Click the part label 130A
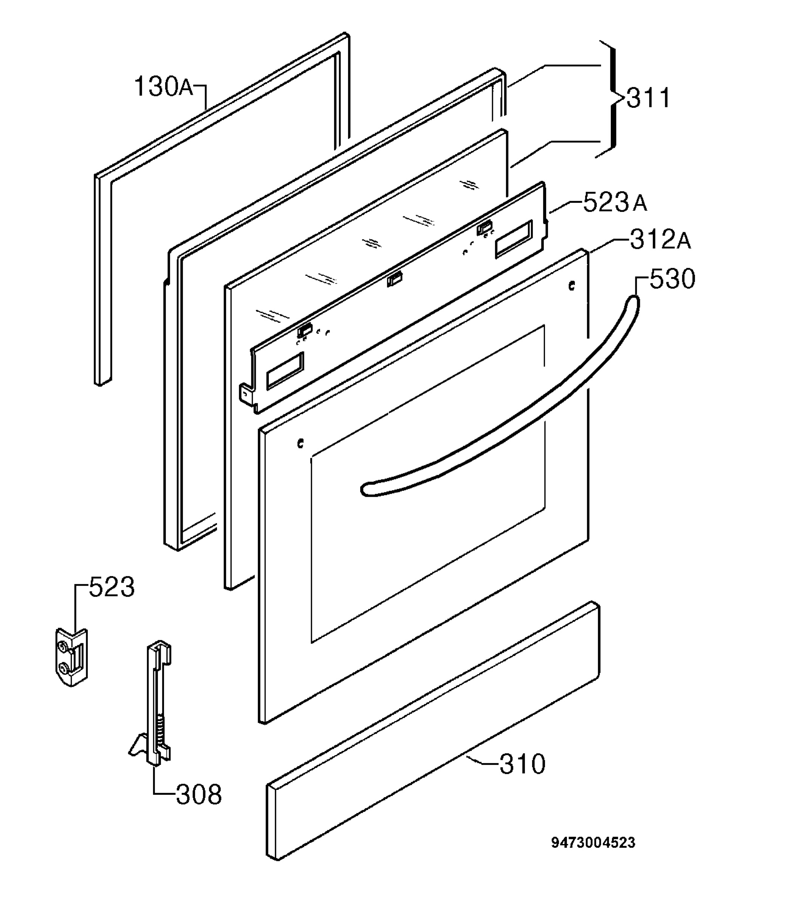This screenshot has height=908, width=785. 163,86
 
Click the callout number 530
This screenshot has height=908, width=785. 672,279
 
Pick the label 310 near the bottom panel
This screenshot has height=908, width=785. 523,764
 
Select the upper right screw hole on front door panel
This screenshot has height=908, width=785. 571,286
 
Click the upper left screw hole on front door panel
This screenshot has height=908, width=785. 300,444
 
